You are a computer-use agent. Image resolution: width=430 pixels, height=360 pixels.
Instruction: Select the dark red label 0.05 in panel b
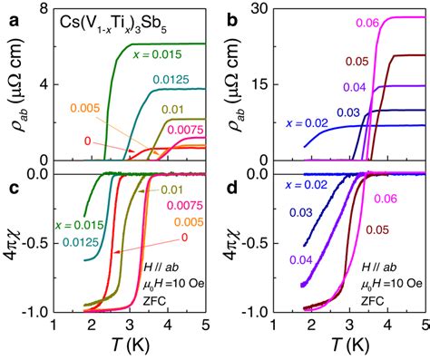357,62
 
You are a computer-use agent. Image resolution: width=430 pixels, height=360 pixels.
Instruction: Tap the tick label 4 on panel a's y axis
42,83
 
